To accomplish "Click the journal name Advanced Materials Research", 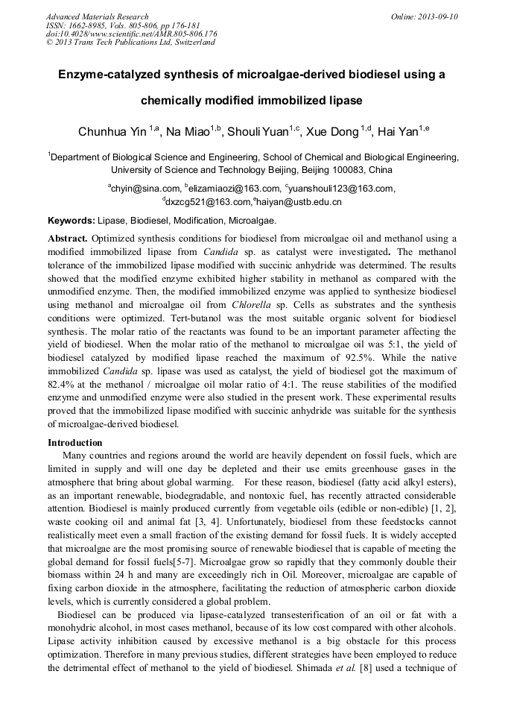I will point(98,16).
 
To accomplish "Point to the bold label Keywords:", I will point(72,221).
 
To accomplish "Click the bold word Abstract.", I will point(68,239).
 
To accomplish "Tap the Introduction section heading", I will point(80,442).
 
